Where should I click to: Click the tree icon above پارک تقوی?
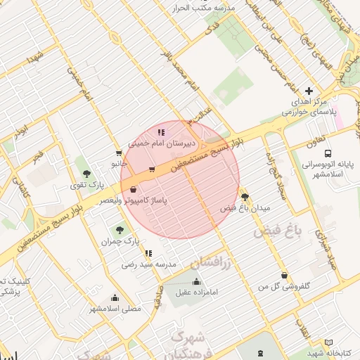click(87, 174)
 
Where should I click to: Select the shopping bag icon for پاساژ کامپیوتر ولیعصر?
click(134, 189)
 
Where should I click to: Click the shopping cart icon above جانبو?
click(119, 153)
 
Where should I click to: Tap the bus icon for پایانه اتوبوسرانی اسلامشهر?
click(328, 153)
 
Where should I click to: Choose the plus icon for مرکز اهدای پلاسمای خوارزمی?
click(309, 91)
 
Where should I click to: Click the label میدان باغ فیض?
click(245, 208)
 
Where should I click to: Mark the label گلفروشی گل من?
click(284, 286)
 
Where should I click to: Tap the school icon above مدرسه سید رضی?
click(148, 253)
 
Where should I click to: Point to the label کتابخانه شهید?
click(328, 353)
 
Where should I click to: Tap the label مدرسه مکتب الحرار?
click(209, 7)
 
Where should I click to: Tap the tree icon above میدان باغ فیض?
click(245, 196)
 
